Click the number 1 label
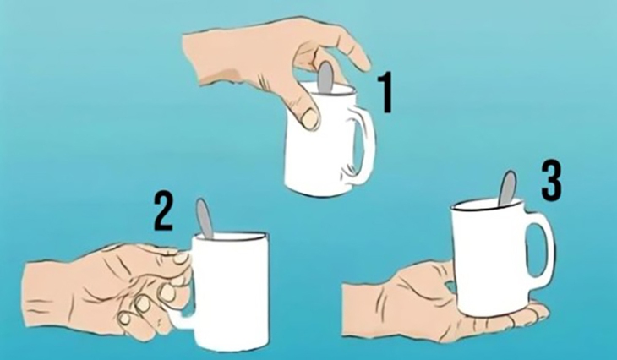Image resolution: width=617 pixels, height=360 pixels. [x=385, y=93]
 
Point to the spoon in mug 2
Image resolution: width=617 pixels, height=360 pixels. [x=205, y=217]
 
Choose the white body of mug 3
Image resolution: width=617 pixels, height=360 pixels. [x=489, y=254]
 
